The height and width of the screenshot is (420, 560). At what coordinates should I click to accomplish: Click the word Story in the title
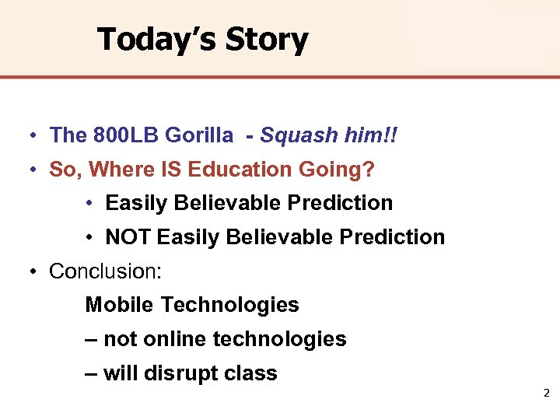pos(269,39)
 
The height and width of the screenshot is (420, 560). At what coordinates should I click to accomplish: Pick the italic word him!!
pos(370,135)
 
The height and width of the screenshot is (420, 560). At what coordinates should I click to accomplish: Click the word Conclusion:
pos(105,271)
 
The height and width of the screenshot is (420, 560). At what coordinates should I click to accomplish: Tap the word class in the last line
pos(250,373)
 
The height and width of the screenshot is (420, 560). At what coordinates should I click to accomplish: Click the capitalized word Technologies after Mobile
pos(229,305)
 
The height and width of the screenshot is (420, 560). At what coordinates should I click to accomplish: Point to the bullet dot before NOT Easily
pos(91,238)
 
